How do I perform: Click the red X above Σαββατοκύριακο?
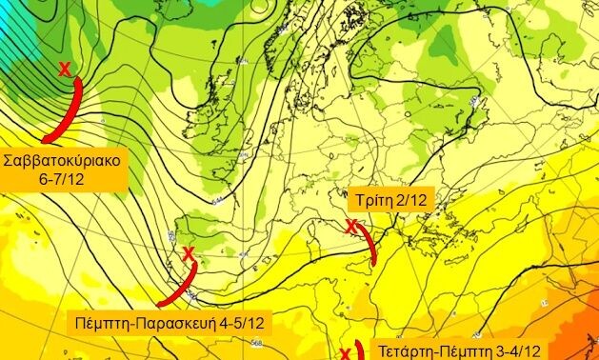[x=64, y=69]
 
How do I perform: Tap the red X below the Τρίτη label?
[x=350, y=227]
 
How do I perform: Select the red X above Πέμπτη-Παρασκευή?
[x=188, y=253]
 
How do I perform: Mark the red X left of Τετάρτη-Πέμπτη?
[x=346, y=353]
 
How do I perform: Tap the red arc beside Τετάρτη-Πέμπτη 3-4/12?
[x=360, y=350]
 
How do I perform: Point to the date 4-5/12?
[x=241, y=324]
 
